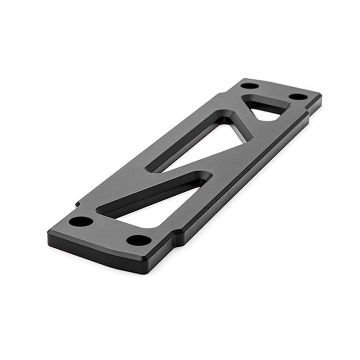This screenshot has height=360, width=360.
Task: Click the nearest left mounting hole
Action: (x=81, y=221)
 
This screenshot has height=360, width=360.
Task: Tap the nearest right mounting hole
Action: (x=139, y=240)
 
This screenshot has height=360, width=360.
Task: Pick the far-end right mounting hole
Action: (x=298, y=96)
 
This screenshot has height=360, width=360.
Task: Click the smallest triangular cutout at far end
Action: (x=268, y=108)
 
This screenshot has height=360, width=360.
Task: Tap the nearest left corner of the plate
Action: (x=49, y=233)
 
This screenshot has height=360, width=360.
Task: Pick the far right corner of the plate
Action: (x=321, y=95)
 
